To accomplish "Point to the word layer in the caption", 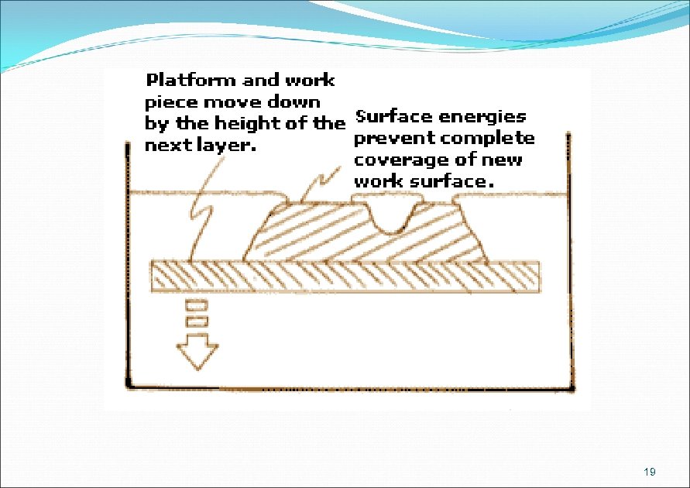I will [x=224, y=146].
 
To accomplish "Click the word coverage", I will [x=392, y=160].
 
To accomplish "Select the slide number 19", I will [x=650, y=472].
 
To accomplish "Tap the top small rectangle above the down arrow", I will [x=196, y=304].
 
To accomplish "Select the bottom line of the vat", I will [x=348, y=387].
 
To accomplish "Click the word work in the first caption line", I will [x=310, y=80].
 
